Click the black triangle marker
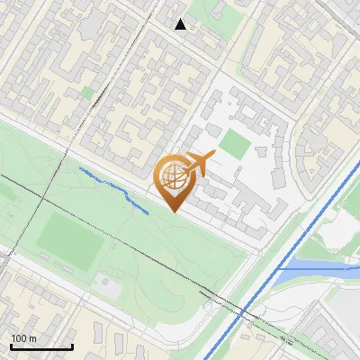pos(181,24)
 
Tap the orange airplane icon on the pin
pos(199,165)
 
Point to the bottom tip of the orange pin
pos(175,212)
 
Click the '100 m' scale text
pos(24,338)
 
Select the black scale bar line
pos(41,346)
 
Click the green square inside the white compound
pos(235,142)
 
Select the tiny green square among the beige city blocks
pos(87,92)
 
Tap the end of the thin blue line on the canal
pos(280,267)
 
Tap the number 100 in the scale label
pos(19,338)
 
